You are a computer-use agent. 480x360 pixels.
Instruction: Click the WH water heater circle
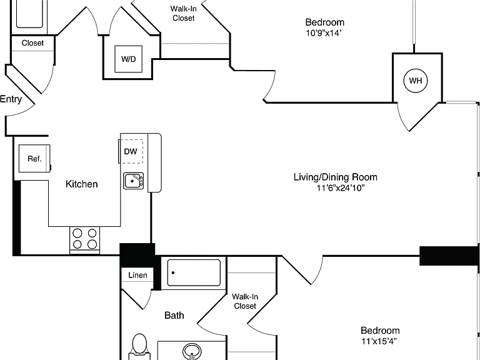[416, 81]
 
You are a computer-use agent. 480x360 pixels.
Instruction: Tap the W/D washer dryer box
[128, 59]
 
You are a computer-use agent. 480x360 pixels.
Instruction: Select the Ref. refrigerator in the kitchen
[34, 159]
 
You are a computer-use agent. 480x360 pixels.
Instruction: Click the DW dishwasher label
[131, 151]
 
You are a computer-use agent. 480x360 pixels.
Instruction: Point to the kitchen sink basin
[134, 181]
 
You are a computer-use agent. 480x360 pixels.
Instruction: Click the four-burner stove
[85, 240]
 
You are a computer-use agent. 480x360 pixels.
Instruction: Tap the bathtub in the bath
[194, 272]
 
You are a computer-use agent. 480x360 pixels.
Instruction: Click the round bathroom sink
[192, 351]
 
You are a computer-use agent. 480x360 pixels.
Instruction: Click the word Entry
[11, 99]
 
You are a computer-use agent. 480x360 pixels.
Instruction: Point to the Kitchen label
[82, 184]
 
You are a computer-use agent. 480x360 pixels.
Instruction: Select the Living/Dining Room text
[336, 177]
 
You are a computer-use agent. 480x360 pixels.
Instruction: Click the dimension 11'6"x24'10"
[341, 188]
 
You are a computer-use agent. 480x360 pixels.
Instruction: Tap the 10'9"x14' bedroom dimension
[324, 33]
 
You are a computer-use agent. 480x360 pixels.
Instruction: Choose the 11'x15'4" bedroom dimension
[379, 341]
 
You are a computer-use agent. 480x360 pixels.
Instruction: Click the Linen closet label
[137, 275]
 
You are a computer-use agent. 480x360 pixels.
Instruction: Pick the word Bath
[174, 315]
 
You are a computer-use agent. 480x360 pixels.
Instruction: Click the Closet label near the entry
[32, 43]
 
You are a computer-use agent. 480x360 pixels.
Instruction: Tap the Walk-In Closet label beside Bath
[245, 301]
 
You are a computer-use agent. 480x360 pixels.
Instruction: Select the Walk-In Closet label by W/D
[183, 14]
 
